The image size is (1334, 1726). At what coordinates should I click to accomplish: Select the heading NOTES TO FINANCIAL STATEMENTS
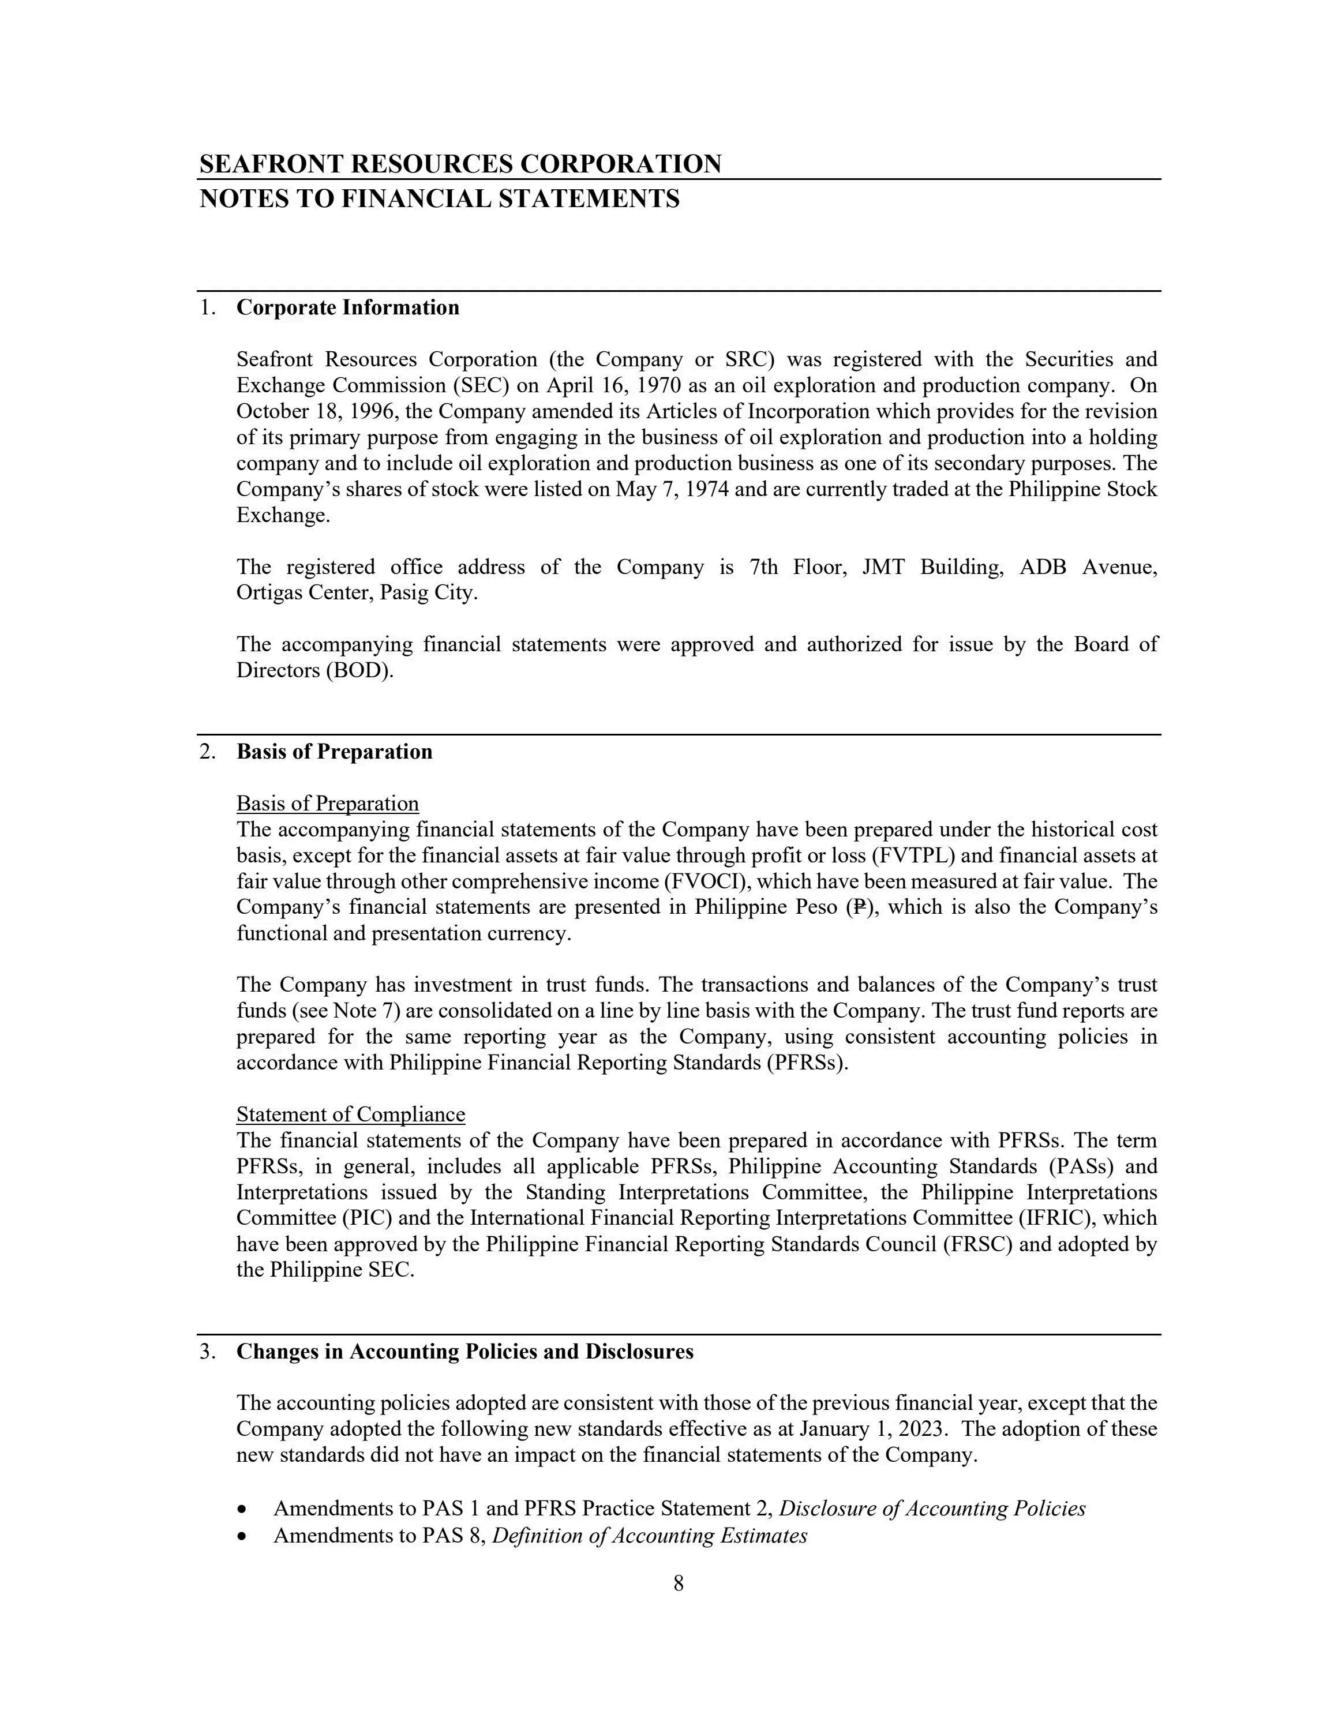point(440,198)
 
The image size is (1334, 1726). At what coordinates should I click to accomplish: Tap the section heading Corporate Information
point(348,307)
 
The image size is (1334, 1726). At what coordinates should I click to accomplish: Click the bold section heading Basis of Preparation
point(334,752)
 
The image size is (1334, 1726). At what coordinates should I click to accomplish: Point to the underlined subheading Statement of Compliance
point(351,1115)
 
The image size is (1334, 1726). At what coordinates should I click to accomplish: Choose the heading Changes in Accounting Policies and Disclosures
point(464,1352)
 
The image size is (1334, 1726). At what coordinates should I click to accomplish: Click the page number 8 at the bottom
point(678,1583)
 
